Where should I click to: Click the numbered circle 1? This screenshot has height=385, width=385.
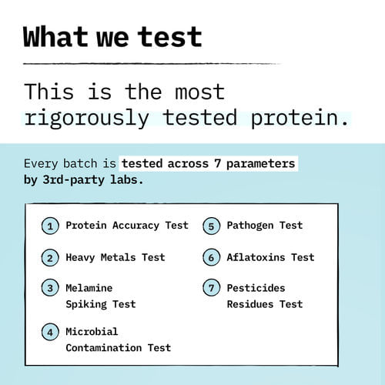pos(50,226)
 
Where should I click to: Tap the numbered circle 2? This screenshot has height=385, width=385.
pos(50,257)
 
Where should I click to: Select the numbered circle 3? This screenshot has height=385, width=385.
pos(50,288)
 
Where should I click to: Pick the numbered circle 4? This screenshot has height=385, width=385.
pos(50,332)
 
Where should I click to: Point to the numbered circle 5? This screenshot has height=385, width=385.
pos(211,226)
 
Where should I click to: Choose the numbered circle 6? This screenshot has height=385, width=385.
pos(211,257)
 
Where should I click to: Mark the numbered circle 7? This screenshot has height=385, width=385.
pos(211,288)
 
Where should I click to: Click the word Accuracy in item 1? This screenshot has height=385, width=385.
pos(136,226)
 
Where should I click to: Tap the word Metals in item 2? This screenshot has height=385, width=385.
pos(118,257)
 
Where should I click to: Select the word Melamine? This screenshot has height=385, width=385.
pos(89,288)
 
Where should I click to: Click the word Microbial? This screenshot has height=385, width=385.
pos(92,332)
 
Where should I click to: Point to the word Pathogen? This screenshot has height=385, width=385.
pos(250,226)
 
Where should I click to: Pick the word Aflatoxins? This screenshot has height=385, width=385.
pos(256,257)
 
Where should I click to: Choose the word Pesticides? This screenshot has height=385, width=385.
pos(256,288)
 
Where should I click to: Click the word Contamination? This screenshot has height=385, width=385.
pos(104,348)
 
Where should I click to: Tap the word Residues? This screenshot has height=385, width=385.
pos(250,304)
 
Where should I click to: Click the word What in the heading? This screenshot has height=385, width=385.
pos(55,37)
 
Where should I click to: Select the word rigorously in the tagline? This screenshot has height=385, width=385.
pos(86,118)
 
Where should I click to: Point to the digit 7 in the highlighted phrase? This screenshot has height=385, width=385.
pos(218,163)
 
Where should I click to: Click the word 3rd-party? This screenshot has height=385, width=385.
pos(74,179)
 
